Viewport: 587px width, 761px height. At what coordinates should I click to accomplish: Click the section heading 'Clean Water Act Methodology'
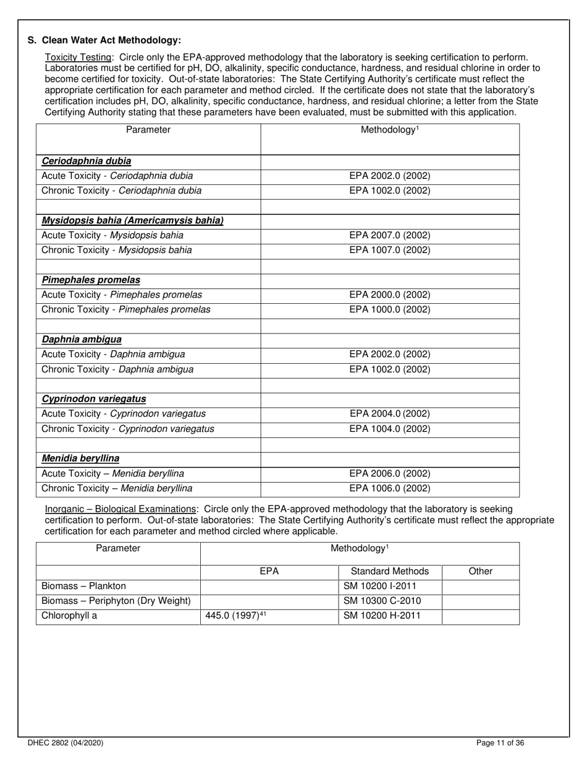coord(111,40)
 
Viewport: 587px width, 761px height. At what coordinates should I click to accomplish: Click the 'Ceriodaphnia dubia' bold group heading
coord(87,161)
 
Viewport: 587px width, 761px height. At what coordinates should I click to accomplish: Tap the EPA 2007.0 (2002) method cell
coord(390,236)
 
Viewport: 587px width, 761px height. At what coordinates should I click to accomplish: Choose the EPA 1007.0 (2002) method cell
coord(390,251)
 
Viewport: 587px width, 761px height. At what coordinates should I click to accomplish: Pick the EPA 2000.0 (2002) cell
coord(390,295)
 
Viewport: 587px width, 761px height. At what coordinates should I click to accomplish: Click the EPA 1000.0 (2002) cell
coord(390,310)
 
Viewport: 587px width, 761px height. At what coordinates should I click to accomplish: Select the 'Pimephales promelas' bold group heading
coord(91,280)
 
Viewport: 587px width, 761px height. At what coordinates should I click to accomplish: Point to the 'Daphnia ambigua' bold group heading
coord(82,340)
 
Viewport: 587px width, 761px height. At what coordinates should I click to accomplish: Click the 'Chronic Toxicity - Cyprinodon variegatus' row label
coord(128,429)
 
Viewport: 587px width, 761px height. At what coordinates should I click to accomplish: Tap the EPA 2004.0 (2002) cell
coord(390,414)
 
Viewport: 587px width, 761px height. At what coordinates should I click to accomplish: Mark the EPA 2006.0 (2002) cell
coord(390,474)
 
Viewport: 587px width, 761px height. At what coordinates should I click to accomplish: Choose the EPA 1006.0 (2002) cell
coord(390,489)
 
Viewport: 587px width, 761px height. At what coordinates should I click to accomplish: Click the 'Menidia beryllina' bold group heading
coord(80,459)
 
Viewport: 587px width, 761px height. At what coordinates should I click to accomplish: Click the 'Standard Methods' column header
coord(390,572)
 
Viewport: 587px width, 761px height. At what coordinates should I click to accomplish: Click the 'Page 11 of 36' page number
coord(501,743)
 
